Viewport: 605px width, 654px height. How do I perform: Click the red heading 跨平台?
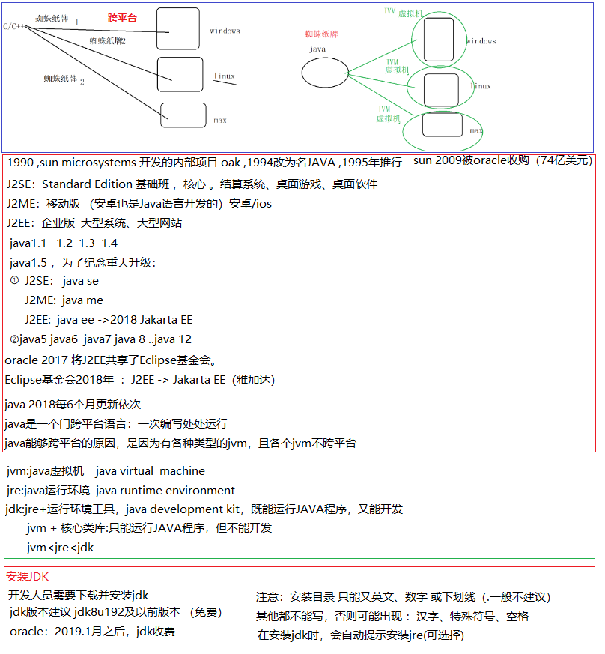[122, 17]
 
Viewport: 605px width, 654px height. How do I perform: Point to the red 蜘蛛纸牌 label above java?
[321, 34]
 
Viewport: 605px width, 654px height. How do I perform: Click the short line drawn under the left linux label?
[225, 82]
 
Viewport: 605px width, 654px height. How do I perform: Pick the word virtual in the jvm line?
[136, 471]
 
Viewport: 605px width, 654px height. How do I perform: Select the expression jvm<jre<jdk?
[61, 547]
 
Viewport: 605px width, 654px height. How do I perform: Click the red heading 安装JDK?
[27, 576]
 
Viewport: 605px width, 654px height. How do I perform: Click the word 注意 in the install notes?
[267, 597]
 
